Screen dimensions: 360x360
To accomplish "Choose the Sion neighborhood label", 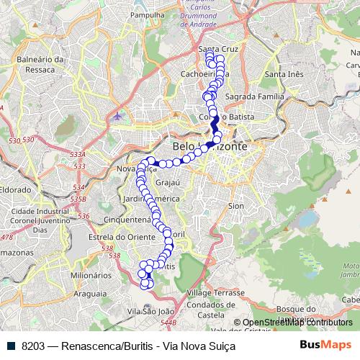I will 236,205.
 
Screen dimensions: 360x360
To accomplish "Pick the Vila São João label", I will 150,311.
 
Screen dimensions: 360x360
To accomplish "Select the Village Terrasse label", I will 215,294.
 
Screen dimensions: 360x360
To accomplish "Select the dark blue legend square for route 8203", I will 10,345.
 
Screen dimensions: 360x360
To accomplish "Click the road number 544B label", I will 168,322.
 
